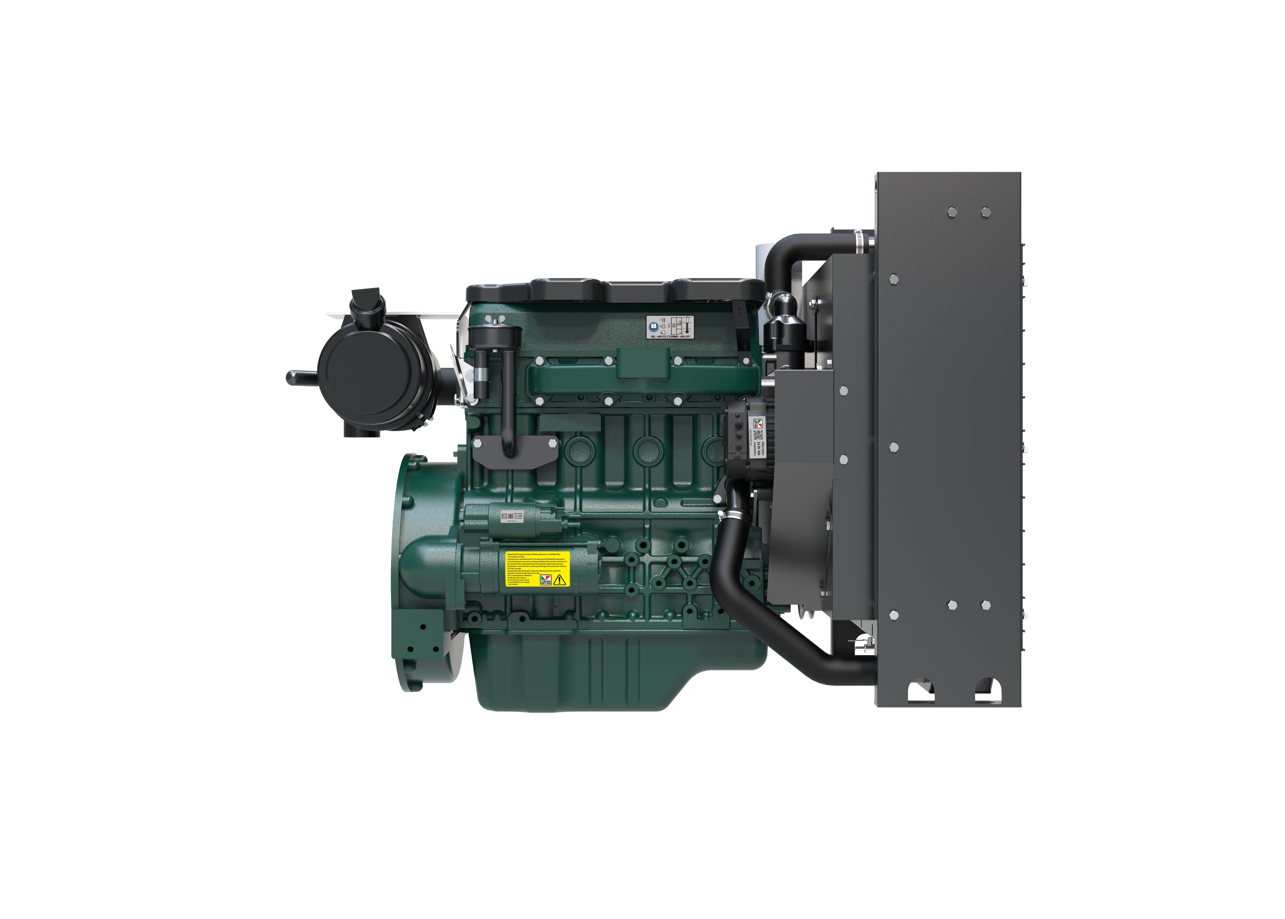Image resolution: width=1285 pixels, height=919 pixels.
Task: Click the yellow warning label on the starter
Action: coord(537,569)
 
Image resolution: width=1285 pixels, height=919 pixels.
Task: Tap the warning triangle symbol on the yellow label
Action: coord(560,580)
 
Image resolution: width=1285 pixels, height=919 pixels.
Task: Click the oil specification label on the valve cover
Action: coord(670,327)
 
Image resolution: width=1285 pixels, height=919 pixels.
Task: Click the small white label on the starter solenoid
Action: coord(511,516)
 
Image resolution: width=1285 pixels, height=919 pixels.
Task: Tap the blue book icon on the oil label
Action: coord(654,327)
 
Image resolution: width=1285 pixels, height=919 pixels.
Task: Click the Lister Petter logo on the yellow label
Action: coord(546,580)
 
